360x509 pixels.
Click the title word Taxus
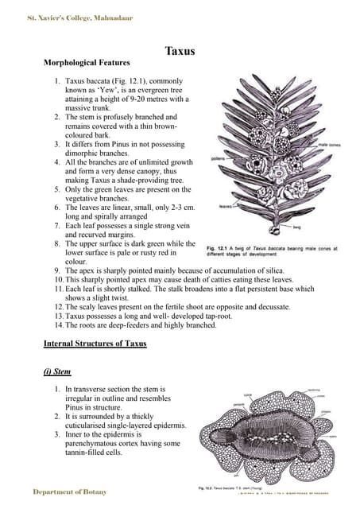pyautogui.click(x=180, y=52)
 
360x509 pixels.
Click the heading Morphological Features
pyautogui.click(x=87, y=62)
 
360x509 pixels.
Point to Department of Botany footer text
pyautogui.click(x=69, y=492)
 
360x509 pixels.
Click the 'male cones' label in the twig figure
pyautogui.click(x=329, y=145)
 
